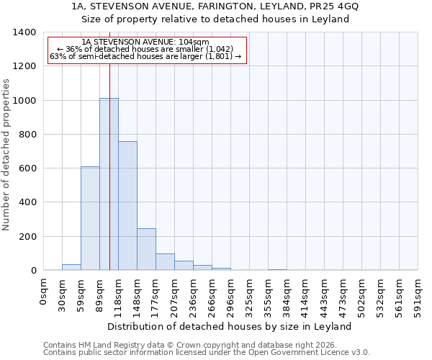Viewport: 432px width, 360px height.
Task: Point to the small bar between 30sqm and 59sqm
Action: tap(71, 267)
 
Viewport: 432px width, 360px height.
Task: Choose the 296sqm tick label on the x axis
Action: tap(231, 296)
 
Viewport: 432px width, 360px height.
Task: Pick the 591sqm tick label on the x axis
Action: tap(418, 296)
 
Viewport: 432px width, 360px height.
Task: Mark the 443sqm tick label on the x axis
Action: tap(325, 296)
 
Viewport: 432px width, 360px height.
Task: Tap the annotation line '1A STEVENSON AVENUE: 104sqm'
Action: tap(145, 42)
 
